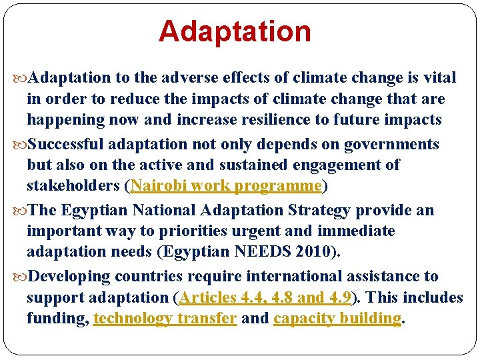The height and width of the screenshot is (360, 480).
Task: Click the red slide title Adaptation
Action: [235, 31]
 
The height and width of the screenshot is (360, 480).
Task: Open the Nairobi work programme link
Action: [227, 185]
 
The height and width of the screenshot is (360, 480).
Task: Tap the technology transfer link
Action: [165, 319]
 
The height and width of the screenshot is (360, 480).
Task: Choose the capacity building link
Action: [337, 319]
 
